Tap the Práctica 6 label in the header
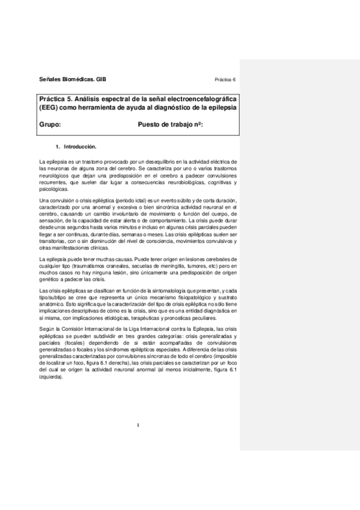[x=225, y=79]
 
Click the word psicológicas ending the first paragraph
[x=52, y=188]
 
